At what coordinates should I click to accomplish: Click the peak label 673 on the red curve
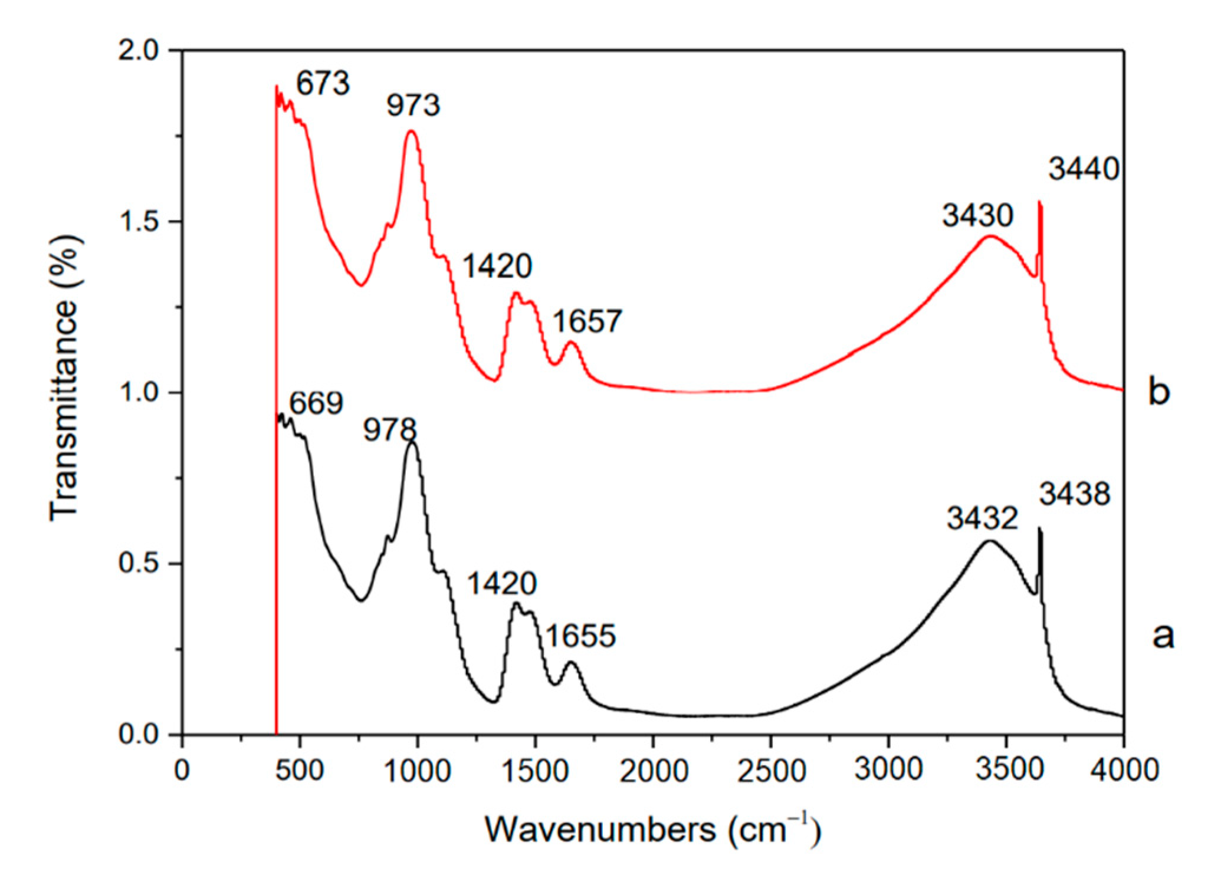coord(323,84)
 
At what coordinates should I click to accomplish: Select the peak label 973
coord(413,106)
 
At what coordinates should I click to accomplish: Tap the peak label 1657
coord(587,322)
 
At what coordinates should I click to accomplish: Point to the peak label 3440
coord(1084,170)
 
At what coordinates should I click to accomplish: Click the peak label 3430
coord(977,216)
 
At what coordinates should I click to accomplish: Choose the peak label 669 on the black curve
coord(316,404)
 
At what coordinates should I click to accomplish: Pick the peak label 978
coord(390,430)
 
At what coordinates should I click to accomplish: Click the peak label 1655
coord(581,636)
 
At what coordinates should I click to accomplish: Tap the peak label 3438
coord(1075,494)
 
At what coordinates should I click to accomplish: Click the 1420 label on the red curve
coord(497,267)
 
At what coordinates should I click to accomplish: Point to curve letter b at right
coord(1159,392)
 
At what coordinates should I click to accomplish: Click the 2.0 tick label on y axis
coord(139,51)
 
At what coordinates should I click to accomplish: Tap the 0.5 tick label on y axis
coord(139,564)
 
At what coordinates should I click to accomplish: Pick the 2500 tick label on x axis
coord(771,771)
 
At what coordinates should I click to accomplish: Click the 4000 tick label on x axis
coord(1124,771)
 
